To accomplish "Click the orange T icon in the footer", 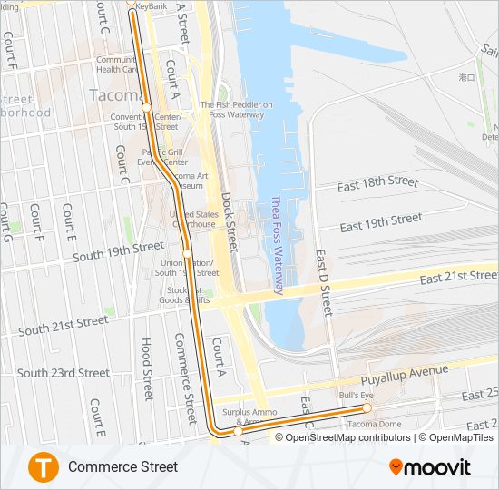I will tap(43, 467).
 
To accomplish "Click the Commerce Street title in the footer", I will tap(122, 467).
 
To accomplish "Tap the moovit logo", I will tap(430, 467).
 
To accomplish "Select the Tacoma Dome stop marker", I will tap(367, 408).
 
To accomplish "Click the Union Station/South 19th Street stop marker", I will tap(186, 253).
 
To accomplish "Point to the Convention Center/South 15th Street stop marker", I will tap(146, 108).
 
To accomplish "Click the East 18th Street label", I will tap(377, 183).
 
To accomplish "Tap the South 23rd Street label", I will tap(64, 373).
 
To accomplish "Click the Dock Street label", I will tap(229, 220).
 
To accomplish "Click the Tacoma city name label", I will tap(114, 94).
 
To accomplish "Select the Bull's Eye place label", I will tap(357, 396).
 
